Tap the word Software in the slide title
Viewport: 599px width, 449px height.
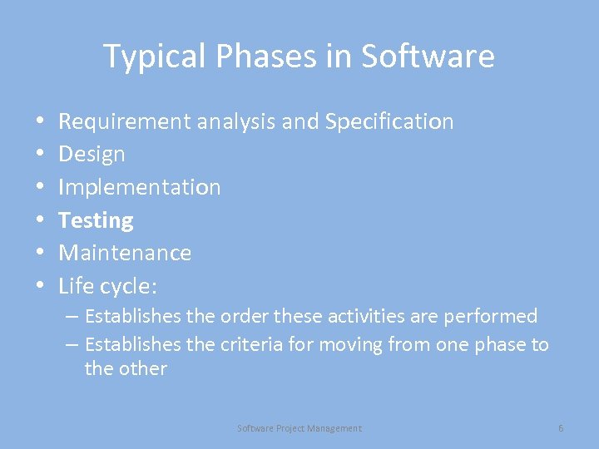[x=428, y=57]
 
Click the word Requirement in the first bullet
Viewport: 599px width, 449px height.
[x=125, y=121]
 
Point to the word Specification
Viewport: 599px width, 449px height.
[x=389, y=121]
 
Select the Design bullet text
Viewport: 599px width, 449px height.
[x=92, y=155]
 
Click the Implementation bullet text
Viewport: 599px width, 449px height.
[x=140, y=187]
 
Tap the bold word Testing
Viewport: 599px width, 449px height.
[x=96, y=220]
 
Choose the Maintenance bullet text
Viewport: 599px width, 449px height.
[x=125, y=253]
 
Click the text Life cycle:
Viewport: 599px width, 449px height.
[x=108, y=286]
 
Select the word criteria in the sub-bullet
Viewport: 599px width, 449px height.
[x=252, y=344]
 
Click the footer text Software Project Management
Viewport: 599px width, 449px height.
[x=299, y=428]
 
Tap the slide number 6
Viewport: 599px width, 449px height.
[x=561, y=428]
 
